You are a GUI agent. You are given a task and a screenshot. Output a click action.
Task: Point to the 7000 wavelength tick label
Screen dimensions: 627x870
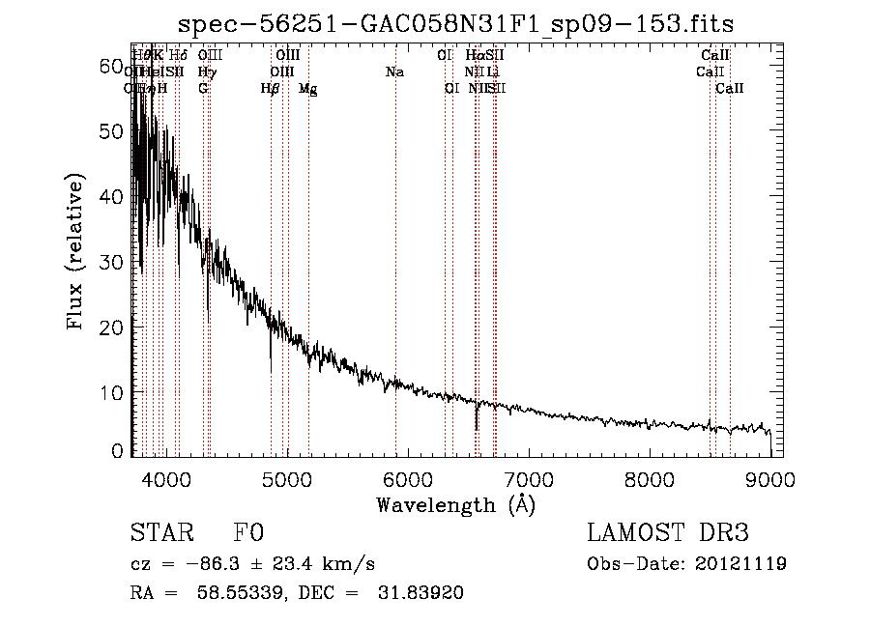[529, 480]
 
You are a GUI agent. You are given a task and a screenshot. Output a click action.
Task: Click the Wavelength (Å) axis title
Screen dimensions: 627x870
[455, 504]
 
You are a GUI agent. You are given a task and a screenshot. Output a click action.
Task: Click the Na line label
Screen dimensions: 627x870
[394, 72]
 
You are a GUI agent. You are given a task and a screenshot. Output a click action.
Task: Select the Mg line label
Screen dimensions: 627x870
[307, 89]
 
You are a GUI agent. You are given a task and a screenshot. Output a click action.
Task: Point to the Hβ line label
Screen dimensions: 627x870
[271, 89]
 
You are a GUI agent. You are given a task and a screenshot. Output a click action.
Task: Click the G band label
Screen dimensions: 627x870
[203, 89]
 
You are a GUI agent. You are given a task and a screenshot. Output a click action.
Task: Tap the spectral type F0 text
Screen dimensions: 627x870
[248, 533]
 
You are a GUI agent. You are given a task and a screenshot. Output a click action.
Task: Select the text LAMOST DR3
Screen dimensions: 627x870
[668, 533]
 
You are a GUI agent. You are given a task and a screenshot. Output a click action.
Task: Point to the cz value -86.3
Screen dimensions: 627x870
[214, 564]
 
